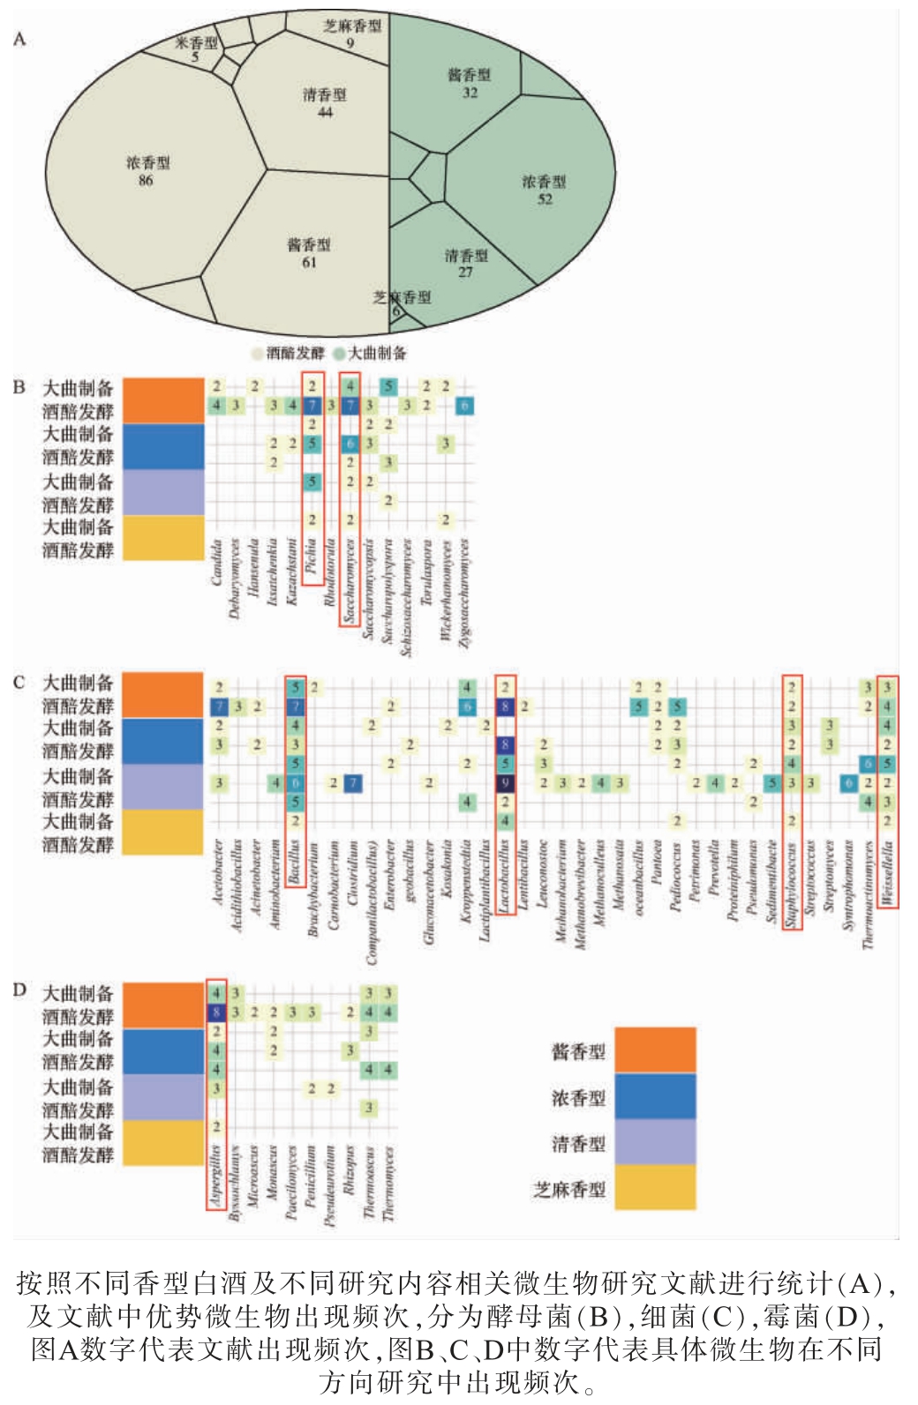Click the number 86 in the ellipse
[x=146, y=181]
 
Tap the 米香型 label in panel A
[x=195, y=42]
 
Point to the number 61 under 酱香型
[x=309, y=262]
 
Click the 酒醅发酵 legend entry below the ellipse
[x=289, y=354]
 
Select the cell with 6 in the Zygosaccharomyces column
[x=465, y=406]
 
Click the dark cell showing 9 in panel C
[x=505, y=782]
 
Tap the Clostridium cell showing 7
[x=352, y=782]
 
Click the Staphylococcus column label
[x=792, y=886]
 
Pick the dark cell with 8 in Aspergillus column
[x=216, y=1013]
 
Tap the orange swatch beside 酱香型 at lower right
[x=655, y=1050]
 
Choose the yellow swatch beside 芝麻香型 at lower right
[x=655, y=1187]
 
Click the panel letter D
[x=19, y=990]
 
